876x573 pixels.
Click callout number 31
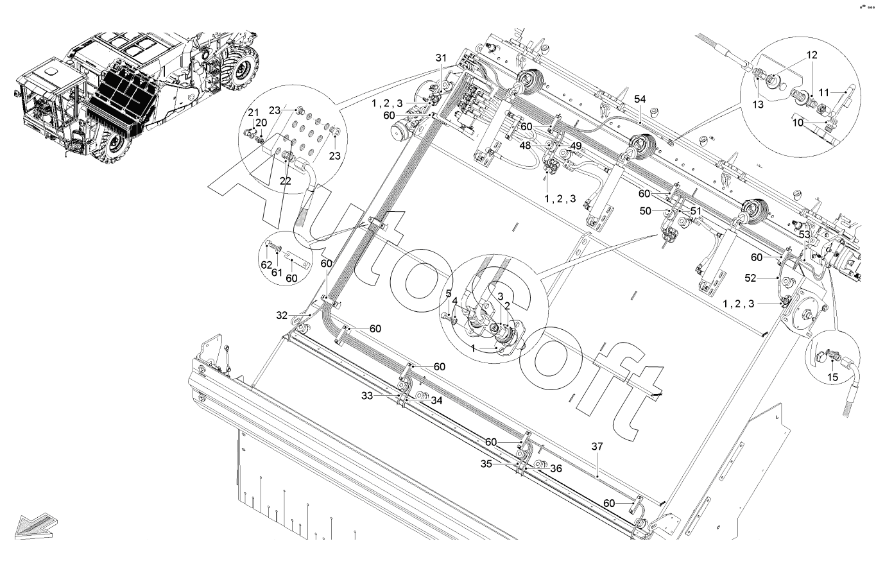tap(441, 58)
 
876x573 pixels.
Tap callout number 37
tap(597, 446)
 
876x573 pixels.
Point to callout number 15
tap(832, 378)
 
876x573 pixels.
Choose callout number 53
tap(805, 235)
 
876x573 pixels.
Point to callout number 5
tap(449, 294)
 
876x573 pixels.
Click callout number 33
tap(366, 396)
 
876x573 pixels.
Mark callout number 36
tap(556, 468)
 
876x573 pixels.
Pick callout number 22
tap(286, 181)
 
